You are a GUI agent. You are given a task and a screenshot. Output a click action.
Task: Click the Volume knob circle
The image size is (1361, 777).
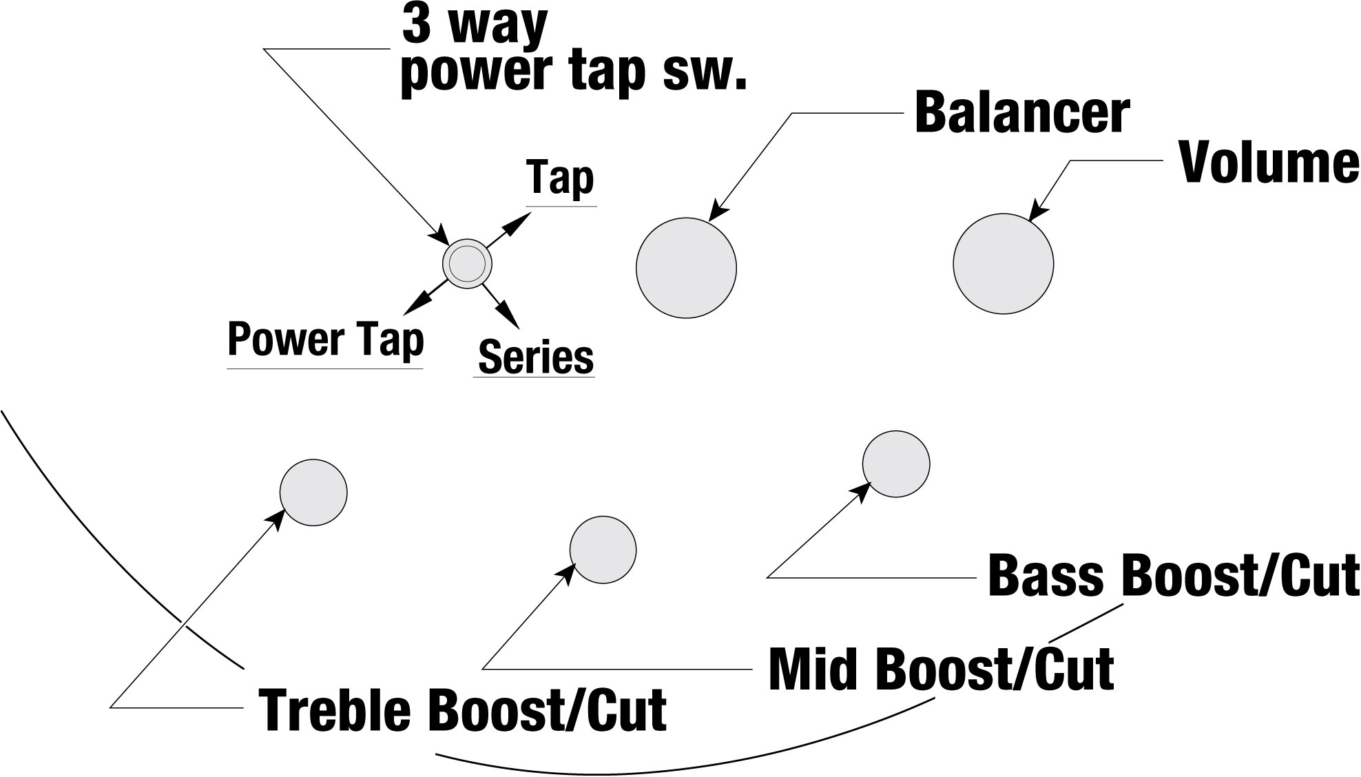click(1004, 263)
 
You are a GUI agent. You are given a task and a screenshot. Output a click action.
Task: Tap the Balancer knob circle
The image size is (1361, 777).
click(686, 267)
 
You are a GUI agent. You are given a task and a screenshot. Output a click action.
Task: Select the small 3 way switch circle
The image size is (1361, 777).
click(467, 263)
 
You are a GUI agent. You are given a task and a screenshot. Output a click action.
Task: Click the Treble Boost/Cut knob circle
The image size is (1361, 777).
click(313, 493)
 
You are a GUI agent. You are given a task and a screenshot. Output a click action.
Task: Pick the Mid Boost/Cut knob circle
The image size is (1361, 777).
click(603, 549)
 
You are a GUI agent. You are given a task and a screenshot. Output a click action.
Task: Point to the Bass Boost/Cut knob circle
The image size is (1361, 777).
click(896, 464)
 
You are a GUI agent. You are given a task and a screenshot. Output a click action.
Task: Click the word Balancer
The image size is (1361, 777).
click(1022, 113)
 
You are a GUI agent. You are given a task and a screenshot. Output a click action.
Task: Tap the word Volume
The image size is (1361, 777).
click(1269, 163)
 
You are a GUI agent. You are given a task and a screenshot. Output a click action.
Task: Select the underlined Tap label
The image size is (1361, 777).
click(560, 178)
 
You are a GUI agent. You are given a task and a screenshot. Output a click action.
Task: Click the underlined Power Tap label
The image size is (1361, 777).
click(325, 340)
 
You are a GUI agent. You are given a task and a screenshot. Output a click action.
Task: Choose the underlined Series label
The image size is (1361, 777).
click(535, 357)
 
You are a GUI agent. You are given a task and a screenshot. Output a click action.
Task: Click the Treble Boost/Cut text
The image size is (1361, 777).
click(462, 709)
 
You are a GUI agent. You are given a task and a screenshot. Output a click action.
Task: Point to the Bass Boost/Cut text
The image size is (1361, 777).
click(1173, 575)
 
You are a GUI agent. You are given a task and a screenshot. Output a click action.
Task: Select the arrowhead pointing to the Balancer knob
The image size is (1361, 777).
click(718, 211)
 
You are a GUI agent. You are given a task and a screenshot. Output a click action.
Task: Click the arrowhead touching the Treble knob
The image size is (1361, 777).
click(276, 518)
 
